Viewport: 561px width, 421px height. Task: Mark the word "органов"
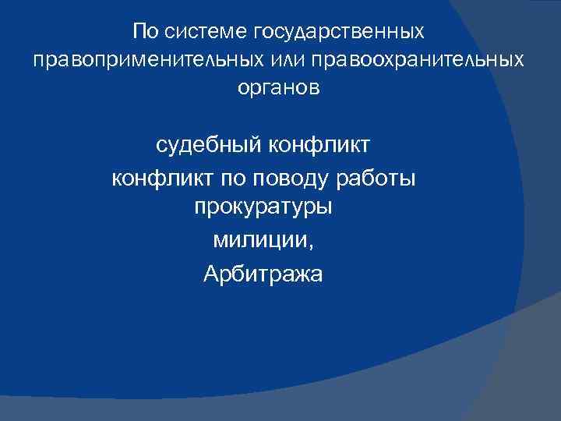click(x=278, y=89)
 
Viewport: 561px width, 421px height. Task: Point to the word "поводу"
click(x=284, y=180)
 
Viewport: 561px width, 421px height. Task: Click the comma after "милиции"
click(x=312, y=245)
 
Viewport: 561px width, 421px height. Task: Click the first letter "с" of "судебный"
click(x=161, y=147)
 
